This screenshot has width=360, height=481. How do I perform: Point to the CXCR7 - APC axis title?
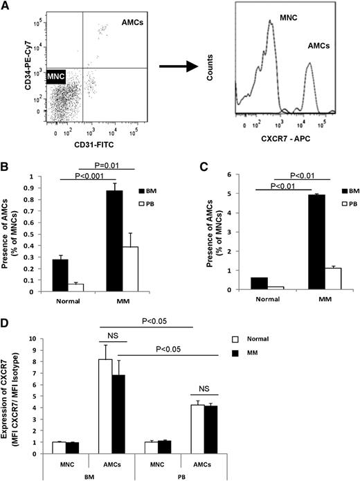[287, 144]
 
